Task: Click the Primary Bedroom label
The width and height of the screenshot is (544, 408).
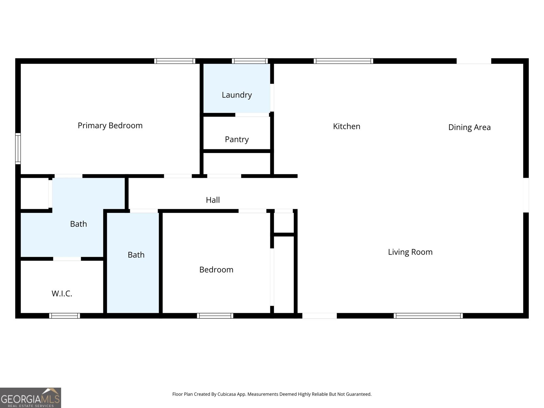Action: coord(110,125)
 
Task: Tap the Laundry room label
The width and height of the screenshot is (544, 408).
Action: coord(237,95)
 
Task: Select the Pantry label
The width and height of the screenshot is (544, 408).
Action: coord(237,139)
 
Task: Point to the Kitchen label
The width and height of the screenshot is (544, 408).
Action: coord(346,126)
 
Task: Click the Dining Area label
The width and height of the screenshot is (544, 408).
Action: coord(469,127)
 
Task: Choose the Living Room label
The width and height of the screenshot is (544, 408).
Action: coord(410,252)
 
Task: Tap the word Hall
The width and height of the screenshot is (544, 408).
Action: coord(213,200)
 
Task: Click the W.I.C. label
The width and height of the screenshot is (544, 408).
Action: coord(62,294)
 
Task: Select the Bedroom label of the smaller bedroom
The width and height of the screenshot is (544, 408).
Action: coord(216,270)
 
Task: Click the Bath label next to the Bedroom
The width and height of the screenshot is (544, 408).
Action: coord(136,255)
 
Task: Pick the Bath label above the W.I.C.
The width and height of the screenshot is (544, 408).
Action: coord(79,224)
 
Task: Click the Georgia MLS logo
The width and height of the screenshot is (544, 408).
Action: coord(30,398)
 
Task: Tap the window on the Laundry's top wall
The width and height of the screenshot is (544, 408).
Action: coord(250,61)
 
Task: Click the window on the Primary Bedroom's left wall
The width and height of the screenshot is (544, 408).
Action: coord(18,149)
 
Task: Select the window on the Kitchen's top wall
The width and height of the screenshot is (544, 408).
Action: coord(343,61)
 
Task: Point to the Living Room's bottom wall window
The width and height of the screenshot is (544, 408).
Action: coord(428,316)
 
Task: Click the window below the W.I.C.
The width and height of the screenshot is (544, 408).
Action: coord(65,316)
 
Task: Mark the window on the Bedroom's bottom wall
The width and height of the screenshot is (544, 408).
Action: coord(215,316)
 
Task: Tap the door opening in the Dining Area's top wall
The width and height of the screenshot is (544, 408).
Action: coord(474,61)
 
